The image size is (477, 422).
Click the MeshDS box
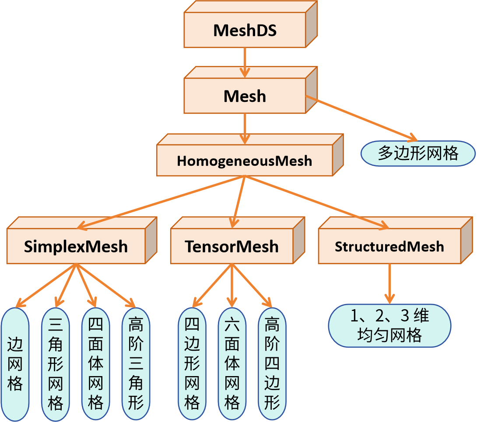(245, 30)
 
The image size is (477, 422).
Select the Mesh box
(245, 96)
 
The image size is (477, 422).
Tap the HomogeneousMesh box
(245, 160)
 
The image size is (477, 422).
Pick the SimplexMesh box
(76, 246)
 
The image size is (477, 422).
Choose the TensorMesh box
(232, 246)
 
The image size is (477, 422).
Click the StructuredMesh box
(389, 246)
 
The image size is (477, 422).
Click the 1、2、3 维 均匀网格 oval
(389, 326)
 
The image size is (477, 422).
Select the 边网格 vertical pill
(15, 364)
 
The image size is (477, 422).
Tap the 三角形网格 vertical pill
(56, 364)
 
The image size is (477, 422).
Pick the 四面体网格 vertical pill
(96, 364)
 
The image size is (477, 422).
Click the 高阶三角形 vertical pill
(136, 364)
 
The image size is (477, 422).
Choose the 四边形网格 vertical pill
(192, 364)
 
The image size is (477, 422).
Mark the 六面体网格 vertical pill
(232, 364)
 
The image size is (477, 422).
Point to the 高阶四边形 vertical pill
(272, 364)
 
